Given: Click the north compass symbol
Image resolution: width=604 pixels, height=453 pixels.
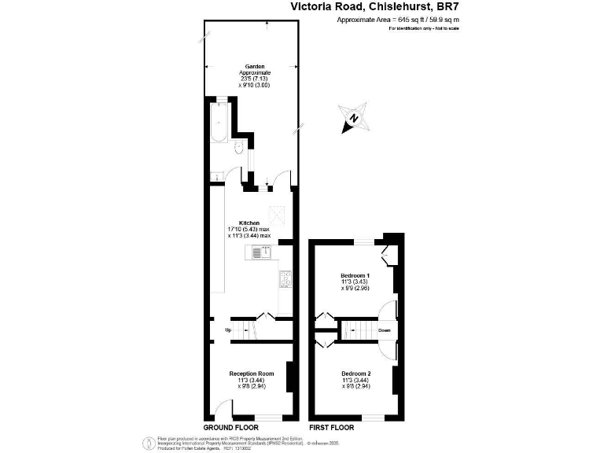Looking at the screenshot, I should [x=355, y=119].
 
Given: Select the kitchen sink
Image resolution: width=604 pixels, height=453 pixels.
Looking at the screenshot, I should [x=262, y=252].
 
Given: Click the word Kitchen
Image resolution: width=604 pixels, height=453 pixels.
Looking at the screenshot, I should [x=249, y=223].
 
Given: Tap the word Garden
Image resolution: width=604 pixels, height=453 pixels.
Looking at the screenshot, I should [x=254, y=67].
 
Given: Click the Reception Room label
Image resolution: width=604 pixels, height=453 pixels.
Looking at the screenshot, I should [x=251, y=373].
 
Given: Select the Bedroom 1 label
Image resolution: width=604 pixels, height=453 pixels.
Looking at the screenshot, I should [x=355, y=275].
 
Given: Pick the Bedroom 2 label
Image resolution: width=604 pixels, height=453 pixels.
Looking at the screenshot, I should [x=355, y=373].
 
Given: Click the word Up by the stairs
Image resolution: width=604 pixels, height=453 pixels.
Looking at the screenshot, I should [x=228, y=330].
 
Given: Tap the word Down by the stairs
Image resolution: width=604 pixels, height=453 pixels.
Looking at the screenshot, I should [x=384, y=330].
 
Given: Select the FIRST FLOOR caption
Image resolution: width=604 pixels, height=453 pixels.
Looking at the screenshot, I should [x=331, y=428].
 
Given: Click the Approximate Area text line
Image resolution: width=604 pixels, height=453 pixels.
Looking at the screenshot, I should [x=398, y=19].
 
